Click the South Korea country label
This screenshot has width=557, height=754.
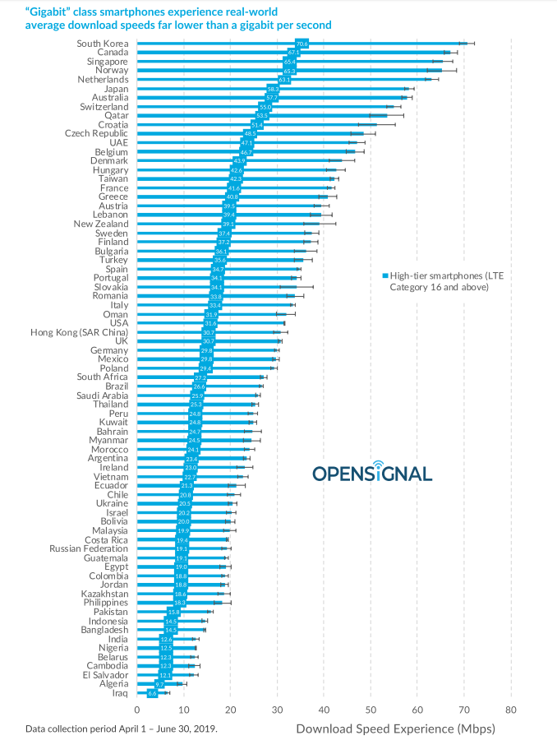(x=102, y=43)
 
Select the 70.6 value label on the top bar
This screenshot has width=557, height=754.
(x=302, y=43)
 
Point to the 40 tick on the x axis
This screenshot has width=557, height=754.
(x=324, y=709)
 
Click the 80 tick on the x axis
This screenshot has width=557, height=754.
(x=511, y=709)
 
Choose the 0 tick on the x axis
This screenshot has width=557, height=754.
(x=137, y=709)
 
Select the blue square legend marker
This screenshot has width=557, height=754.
(x=384, y=276)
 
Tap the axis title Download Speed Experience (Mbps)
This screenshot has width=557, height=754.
(x=395, y=728)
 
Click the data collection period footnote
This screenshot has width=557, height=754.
(x=122, y=729)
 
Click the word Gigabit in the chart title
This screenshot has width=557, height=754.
(x=51, y=12)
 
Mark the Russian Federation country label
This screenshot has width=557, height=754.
(x=89, y=548)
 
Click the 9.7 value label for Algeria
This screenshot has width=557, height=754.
(x=160, y=683)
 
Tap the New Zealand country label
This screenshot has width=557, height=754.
(x=100, y=223)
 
